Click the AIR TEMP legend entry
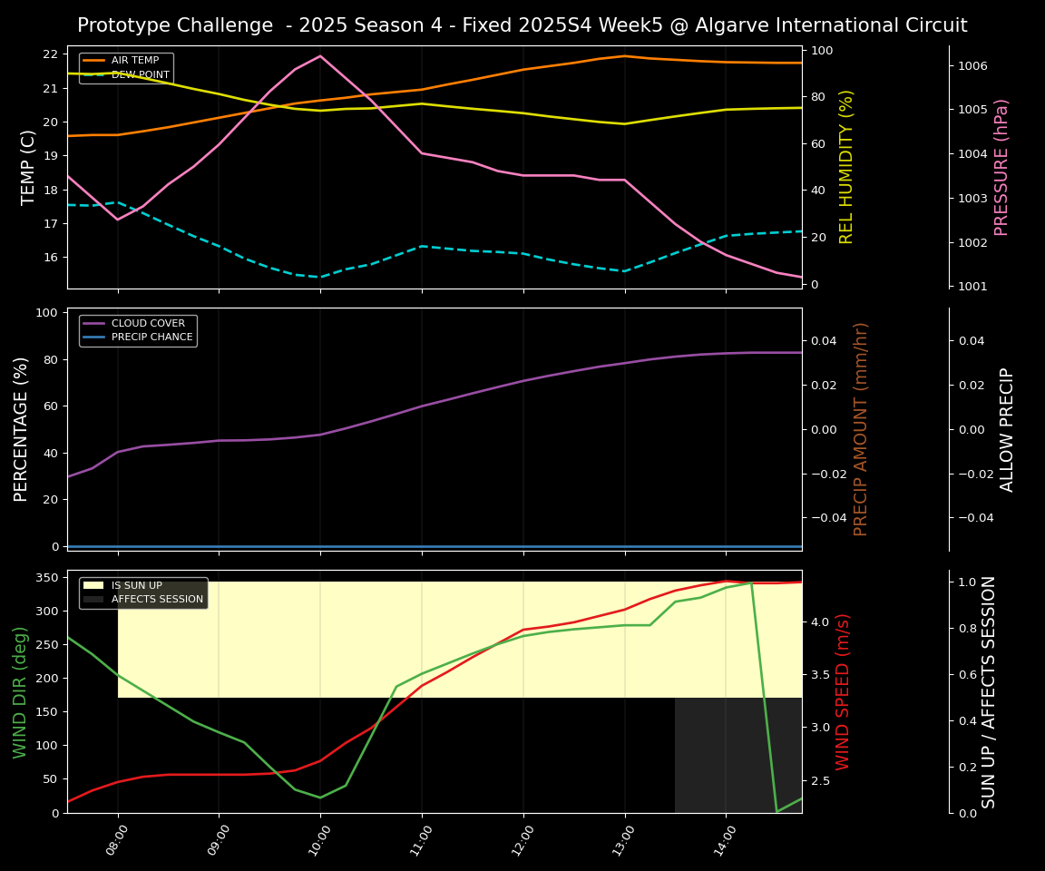pyautogui.click(x=134, y=60)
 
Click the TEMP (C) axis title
pyautogui.click(x=28, y=167)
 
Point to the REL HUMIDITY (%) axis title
pyautogui.click(x=846, y=167)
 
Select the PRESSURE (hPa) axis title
pyautogui.click(x=1001, y=167)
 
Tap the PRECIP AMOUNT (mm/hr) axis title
pyautogui.click(x=861, y=429)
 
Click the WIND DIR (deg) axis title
pyautogui.click(x=20, y=691)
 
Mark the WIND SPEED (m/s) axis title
pyautogui.click(x=843, y=691)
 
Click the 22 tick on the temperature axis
pyautogui.click(x=50, y=54)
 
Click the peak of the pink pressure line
pyautogui.click(x=319, y=56)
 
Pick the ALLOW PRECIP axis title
pyautogui.click(x=1007, y=429)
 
